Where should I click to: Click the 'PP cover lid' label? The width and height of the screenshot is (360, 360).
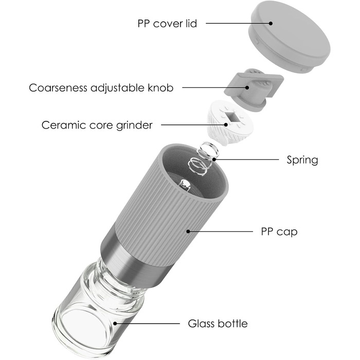coord(167,24)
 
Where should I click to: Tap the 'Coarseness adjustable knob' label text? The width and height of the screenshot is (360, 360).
coord(101,87)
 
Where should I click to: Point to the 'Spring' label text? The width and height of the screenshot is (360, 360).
coord(302,159)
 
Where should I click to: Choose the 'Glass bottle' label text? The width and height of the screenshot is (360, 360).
coord(218,323)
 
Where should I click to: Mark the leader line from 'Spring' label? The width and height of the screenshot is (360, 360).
coord(247,159)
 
